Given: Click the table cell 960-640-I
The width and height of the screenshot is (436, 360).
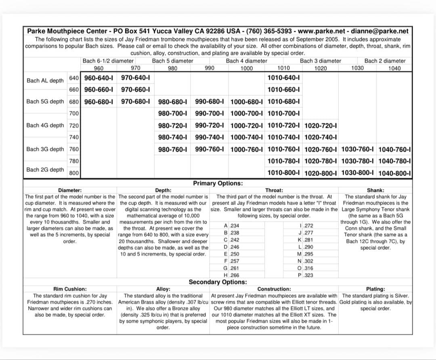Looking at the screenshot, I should (99, 77).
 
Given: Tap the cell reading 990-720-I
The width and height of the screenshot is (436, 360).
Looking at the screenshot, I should (209, 126).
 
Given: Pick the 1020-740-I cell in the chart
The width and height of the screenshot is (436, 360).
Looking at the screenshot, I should (321, 137).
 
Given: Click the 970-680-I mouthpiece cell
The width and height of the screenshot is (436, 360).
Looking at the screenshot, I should (136, 101).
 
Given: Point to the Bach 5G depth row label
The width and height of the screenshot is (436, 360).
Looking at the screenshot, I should (45, 101).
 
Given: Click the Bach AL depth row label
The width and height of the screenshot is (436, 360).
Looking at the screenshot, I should (45, 81).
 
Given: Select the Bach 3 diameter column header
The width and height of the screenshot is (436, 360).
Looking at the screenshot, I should (321, 61).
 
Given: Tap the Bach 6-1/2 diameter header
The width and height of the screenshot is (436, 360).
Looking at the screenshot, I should (108, 61).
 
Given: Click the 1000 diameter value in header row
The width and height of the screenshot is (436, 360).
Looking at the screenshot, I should (246, 68).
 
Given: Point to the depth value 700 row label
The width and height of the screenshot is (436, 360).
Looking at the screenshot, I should (74, 113).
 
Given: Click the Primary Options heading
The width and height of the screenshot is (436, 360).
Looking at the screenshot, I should (218, 183).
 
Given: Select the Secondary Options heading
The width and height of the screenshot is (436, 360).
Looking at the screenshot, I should (218, 282).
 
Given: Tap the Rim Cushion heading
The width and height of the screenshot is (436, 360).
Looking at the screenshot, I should (70, 289).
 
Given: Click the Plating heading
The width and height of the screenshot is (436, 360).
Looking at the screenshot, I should (375, 289).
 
